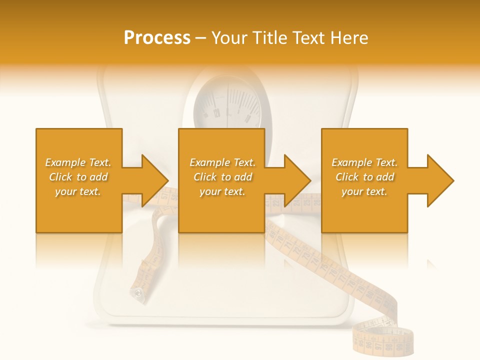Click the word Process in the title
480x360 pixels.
pyautogui.click(x=157, y=37)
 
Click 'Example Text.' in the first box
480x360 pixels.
pyautogui.click(x=78, y=162)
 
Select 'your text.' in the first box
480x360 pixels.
pyautogui.click(x=78, y=191)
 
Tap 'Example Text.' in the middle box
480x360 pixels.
pyautogui.click(x=222, y=162)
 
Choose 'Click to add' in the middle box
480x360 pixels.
pyautogui.click(x=222, y=177)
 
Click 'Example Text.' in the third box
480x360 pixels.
pyautogui.click(x=364, y=162)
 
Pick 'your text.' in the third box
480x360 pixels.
pyautogui.click(x=364, y=191)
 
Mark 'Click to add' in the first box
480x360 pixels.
pyautogui.click(x=78, y=177)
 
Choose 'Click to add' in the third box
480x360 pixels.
pyautogui.click(x=364, y=177)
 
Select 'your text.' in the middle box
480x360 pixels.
pyautogui.click(x=222, y=191)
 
